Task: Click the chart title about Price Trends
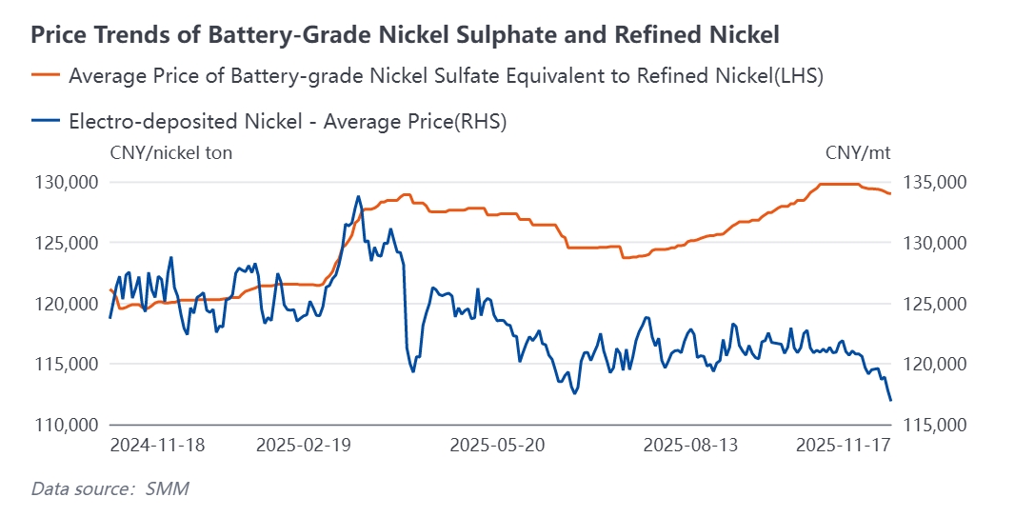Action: tap(406, 35)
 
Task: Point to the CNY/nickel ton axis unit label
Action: tap(171, 153)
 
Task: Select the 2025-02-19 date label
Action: tap(303, 446)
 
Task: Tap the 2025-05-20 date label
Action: tap(496, 446)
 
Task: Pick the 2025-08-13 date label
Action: tap(690, 446)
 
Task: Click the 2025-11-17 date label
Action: tap(843, 446)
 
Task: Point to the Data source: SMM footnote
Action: tap(109, 489)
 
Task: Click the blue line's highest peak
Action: tap(358, 196)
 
